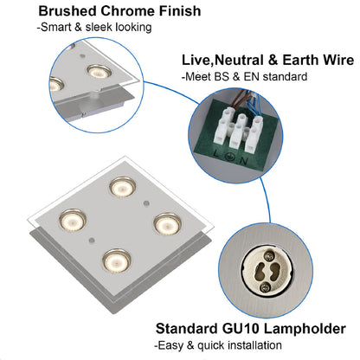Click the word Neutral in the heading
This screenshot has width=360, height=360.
click(239, 60)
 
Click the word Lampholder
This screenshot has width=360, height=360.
click(305, 329)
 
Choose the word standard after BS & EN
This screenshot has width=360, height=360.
click(285, 77)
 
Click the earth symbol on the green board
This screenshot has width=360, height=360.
click(229, 157)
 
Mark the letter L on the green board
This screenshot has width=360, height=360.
click(215, 153)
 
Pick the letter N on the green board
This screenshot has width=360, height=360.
click(243, 161)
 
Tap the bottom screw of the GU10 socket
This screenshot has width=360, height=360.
click(264, 287)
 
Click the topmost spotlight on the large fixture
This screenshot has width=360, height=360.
click(122, 188)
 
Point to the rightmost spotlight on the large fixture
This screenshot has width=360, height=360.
click(167, 224)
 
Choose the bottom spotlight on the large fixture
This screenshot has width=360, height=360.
click(117, 260)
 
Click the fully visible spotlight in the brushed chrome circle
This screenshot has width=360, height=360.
click(100, 72)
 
